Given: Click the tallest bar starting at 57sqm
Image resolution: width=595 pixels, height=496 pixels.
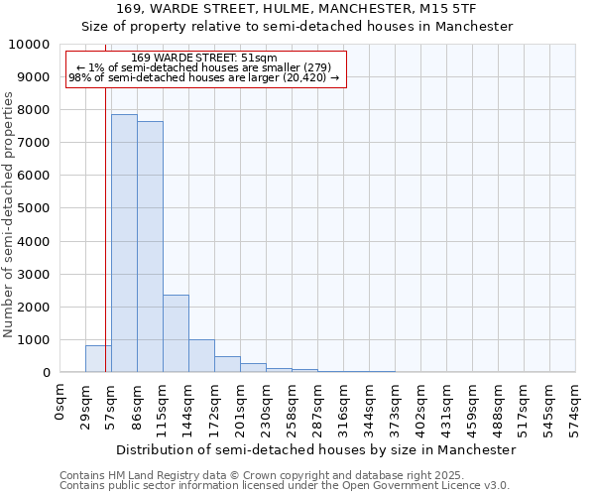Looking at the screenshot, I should (x=124, y=243).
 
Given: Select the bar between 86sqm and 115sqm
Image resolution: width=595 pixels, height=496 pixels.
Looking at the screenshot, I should (x=150, y=247).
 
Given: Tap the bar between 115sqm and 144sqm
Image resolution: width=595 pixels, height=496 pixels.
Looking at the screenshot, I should (x=176, y=333).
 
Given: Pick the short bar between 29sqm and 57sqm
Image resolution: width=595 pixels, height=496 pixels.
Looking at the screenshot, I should (x=98, y=359).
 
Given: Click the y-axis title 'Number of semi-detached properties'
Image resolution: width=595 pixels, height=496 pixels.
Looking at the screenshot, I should (x=9, y=214).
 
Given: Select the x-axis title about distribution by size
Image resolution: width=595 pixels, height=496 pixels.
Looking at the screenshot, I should (x=316, y=449).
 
